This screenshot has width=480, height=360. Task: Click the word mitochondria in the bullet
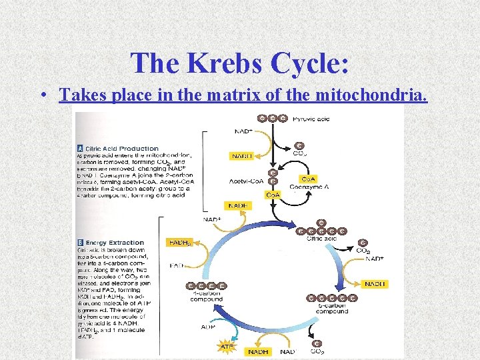click(375, 95)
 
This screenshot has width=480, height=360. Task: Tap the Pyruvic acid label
click(311, 118)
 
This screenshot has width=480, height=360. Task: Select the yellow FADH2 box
click(179, 242)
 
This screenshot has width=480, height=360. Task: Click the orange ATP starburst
click(227, 347)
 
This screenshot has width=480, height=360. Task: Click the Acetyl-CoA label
click(245, 180)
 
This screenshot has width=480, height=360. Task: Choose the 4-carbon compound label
click(206, 297)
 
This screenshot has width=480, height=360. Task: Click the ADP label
click(208, 327)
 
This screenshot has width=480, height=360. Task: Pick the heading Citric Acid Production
click(122, 148)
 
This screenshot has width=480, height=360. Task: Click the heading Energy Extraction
click(115, 243)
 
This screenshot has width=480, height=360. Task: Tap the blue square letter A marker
click(81, 148)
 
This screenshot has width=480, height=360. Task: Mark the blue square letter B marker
click(81, 243)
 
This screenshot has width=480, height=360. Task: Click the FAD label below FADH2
click(177, 265)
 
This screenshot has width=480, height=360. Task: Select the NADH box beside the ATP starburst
click(258, 351)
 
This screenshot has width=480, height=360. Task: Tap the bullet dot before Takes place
click(42, 96)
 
